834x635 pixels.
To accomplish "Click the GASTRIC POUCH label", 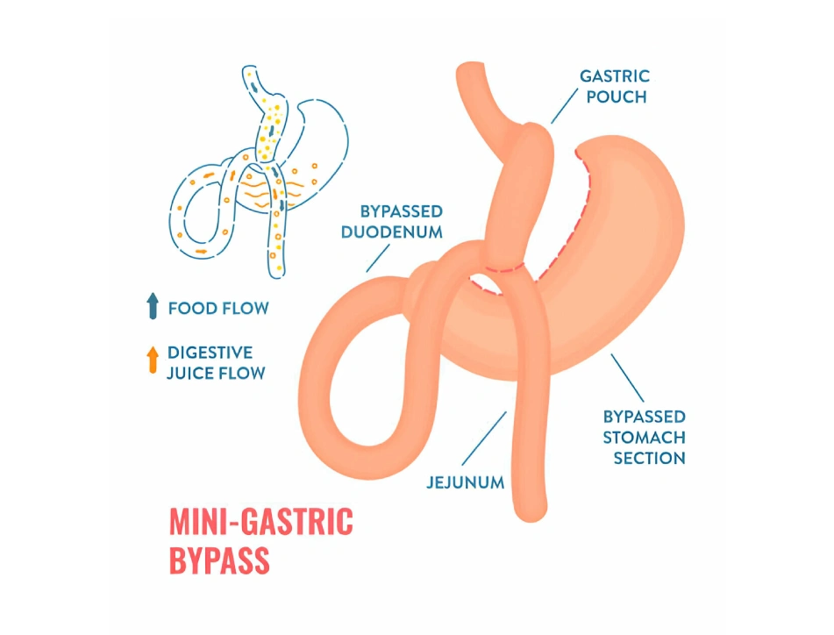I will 614,86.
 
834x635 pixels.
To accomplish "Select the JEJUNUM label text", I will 465,482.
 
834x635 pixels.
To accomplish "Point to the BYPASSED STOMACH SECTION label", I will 644,437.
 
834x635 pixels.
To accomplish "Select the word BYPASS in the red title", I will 218,560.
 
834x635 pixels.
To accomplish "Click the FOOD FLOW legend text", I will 218,308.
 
